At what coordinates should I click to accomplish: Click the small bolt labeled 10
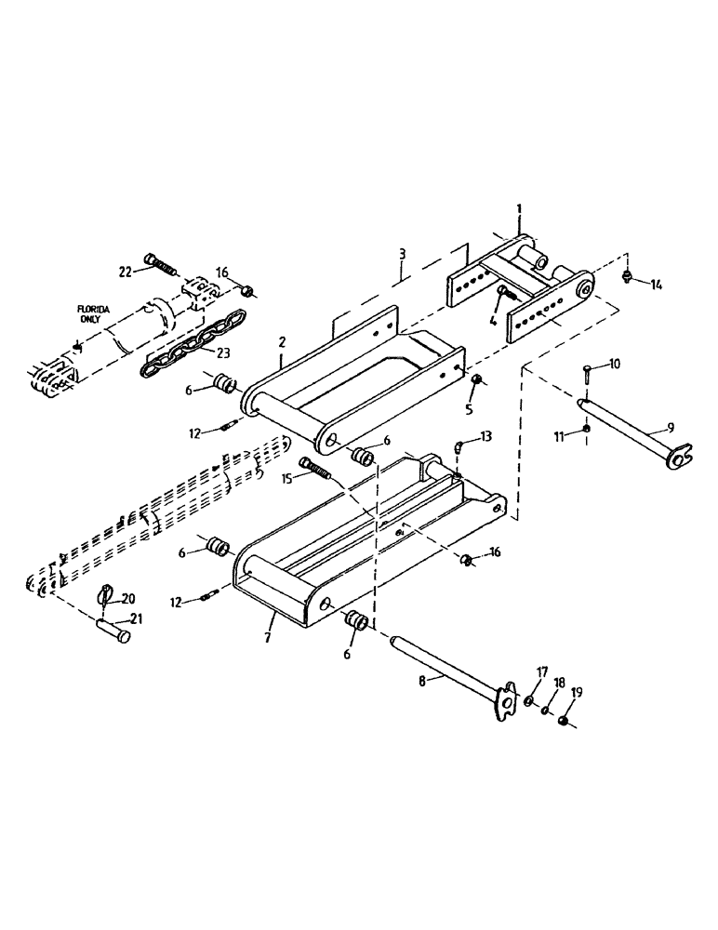tap(588, 373)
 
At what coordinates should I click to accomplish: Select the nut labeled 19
tap(563, 722)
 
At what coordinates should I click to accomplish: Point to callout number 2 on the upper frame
tap(281, 343)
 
